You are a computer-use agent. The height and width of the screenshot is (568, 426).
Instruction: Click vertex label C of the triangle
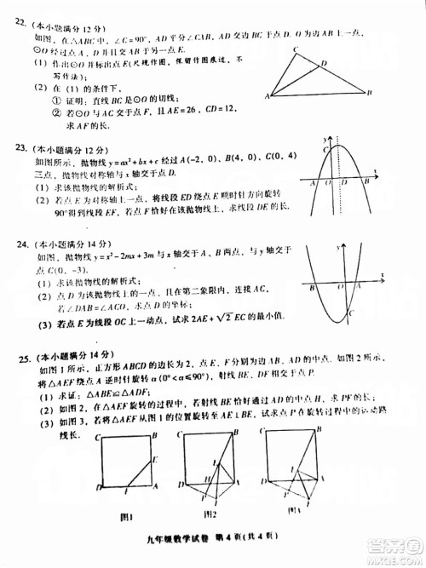[295, 51]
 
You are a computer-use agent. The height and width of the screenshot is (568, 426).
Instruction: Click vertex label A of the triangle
[268, 97]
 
